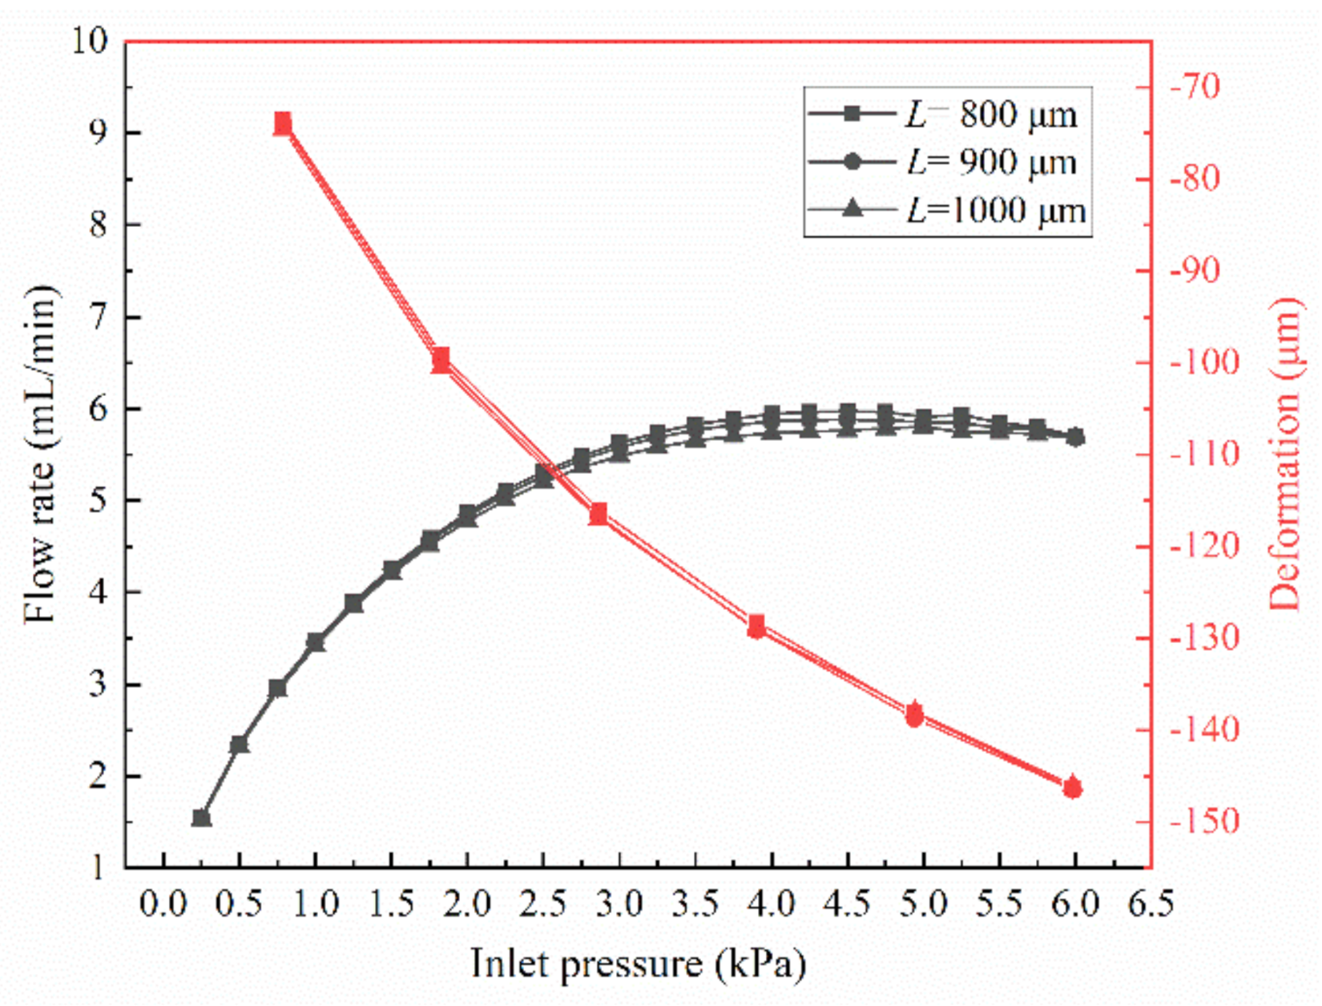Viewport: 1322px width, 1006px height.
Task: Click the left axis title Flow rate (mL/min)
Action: [x=42, y=454]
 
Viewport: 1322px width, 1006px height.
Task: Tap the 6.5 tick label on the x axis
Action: [x=1151, y=904]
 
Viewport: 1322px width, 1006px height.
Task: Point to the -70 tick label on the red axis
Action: [x=1194, y=86]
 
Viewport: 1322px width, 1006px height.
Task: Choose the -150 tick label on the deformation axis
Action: [x=1199, y=822]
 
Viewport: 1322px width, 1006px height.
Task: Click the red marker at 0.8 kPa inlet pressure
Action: [x=283, y=123]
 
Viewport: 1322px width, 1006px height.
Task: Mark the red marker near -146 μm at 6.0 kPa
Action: [x=1073, y=788]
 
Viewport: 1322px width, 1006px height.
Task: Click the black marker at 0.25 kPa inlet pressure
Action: [x=201, y=818]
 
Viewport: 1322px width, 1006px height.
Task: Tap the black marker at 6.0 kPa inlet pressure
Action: [x=1076, y=437]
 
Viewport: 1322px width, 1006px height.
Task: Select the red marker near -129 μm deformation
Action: [x=756, y=627]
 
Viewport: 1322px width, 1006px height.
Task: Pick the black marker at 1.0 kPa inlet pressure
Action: [x=316, y=642]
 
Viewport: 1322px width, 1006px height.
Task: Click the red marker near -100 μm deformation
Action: [x=441, y=361]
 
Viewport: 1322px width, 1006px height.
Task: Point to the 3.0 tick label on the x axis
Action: [x=619, y=904]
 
